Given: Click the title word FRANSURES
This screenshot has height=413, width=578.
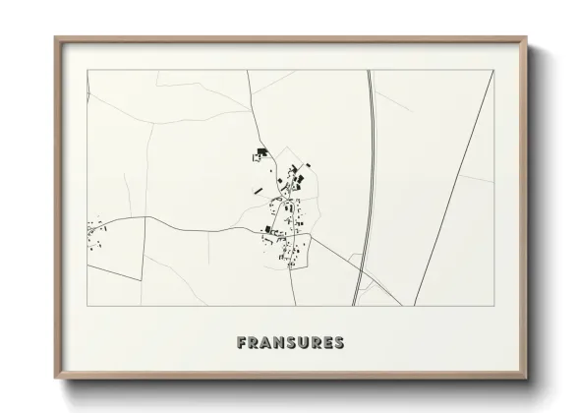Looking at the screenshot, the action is [290, 343].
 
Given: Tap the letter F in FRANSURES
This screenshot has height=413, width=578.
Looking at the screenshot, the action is [241, 343].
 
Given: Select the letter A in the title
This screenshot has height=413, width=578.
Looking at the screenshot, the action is [266, 343].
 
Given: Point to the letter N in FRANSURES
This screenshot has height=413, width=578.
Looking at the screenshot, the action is [279, 343].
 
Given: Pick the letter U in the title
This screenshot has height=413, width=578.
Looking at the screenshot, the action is [304, 343].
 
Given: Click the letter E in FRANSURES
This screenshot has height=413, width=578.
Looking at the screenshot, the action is [327, 343].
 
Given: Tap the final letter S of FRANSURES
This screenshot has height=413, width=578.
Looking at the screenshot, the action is [339, 343].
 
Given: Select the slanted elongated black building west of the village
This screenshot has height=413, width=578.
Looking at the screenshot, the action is [258, 189].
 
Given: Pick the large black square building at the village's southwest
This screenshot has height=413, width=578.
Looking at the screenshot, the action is [266, 229].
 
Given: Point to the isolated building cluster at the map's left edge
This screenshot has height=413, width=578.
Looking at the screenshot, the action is [95, 234].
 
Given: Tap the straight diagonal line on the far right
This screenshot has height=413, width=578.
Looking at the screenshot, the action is [452, 187].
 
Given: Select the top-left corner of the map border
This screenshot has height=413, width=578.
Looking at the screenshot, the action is [87, 70].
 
